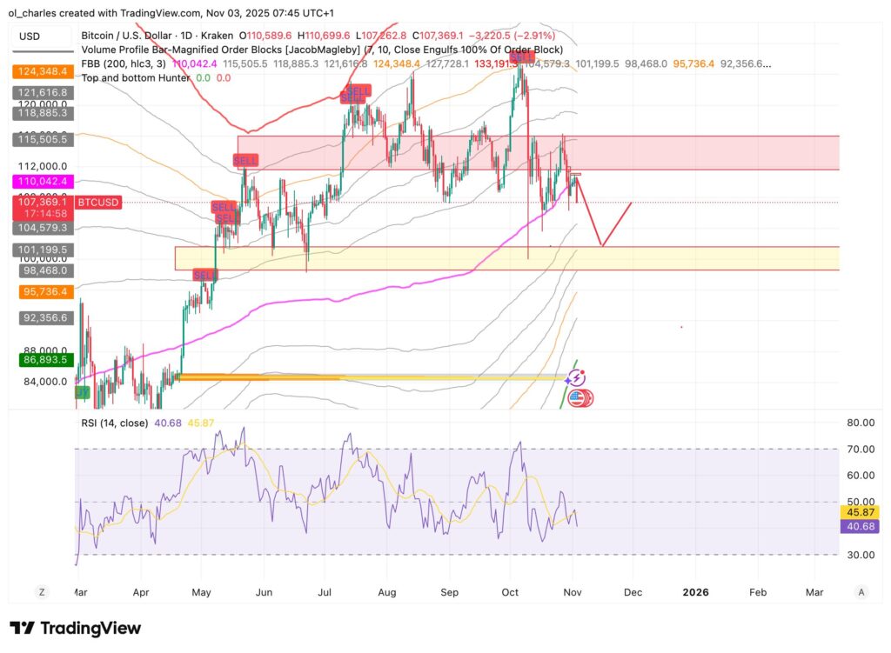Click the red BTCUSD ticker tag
click(98, 202)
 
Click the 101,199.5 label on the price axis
click(43, 249)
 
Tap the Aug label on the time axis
click(387, 592)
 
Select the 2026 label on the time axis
click(695, 592)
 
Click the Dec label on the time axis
click(633, 592)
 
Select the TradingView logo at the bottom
click(75, 628)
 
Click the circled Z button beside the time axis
click(41, 592)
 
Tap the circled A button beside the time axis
click(861, 592)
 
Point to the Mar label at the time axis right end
click(814, 592)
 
